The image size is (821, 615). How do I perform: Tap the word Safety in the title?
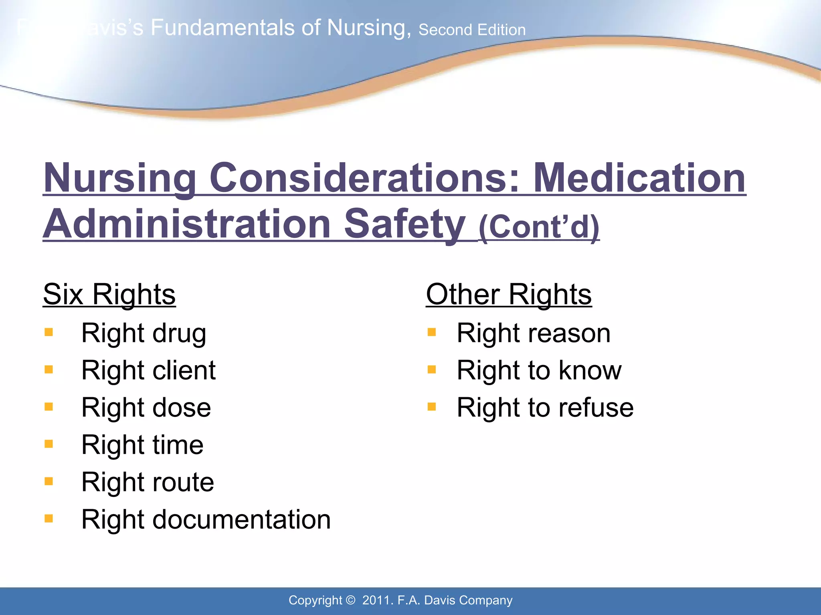click(x=405, y=224)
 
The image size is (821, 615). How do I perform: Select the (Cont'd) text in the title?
click(x=539, y=227)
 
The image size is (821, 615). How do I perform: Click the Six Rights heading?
click(x=109, y=295)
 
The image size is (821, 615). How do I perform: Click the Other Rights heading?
click(x=508, y=295)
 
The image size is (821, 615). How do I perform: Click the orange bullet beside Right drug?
click(x=49, y=332)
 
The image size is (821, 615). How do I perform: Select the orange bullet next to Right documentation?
click(x=49, y=519)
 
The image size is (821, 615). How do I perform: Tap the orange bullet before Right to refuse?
click(x=432, y=407)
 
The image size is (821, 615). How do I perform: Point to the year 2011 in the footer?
click(x=376, y=600)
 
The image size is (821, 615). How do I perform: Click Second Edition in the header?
click(x=472, y=30)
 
